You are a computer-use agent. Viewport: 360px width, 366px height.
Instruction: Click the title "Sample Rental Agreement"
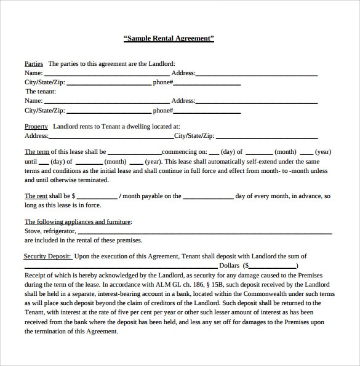169,38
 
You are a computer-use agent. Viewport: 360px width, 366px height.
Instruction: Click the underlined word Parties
33,63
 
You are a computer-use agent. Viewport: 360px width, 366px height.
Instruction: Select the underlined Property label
36,126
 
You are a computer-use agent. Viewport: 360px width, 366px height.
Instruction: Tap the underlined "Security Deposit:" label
47,256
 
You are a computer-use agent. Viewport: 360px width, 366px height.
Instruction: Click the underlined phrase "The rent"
36,196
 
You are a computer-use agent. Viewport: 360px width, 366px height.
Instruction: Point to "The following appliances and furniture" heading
78,221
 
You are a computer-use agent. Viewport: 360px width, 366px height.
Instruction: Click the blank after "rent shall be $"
97,197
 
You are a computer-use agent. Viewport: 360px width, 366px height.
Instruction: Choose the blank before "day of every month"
208,197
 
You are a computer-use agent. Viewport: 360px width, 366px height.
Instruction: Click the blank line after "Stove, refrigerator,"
205,233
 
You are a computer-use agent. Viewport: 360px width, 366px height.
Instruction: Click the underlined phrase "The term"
36,151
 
